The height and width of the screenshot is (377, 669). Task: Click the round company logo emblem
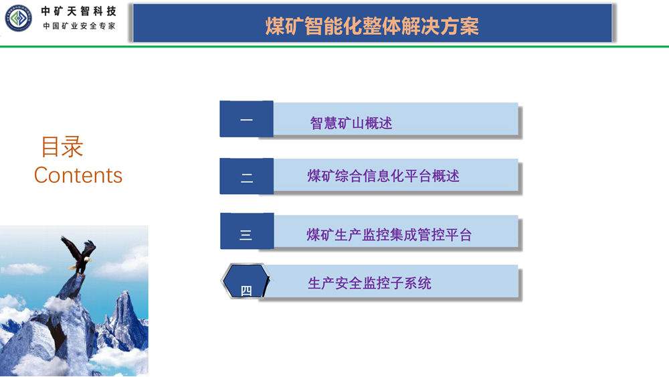18,18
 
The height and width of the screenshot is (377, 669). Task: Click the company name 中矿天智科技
78,11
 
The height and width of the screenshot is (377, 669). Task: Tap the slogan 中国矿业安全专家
79,26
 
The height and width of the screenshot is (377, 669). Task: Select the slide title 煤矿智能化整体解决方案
372,25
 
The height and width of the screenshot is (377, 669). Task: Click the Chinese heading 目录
62,147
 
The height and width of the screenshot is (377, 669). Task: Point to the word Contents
78,175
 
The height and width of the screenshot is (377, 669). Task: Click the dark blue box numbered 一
247,119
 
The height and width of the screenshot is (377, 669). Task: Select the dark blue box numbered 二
247,176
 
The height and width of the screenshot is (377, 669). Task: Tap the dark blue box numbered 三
247,231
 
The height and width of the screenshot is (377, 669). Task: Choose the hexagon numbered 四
246,281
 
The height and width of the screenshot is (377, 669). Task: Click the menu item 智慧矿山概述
351,123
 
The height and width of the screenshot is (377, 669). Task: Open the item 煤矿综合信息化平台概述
383,176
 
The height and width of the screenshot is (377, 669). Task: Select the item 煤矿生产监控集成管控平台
389,234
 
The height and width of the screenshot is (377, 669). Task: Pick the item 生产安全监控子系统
369,283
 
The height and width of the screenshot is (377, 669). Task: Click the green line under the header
334,46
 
